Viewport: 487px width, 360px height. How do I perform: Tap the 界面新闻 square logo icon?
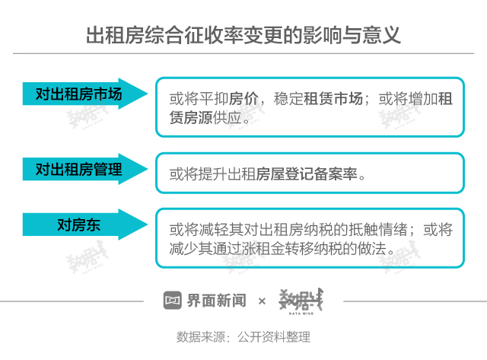173,301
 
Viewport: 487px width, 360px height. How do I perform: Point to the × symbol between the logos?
262,301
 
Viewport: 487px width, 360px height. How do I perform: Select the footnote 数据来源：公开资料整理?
243,336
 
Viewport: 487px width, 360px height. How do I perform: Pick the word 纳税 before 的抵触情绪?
323,229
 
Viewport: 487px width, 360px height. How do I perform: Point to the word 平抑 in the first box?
208,99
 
